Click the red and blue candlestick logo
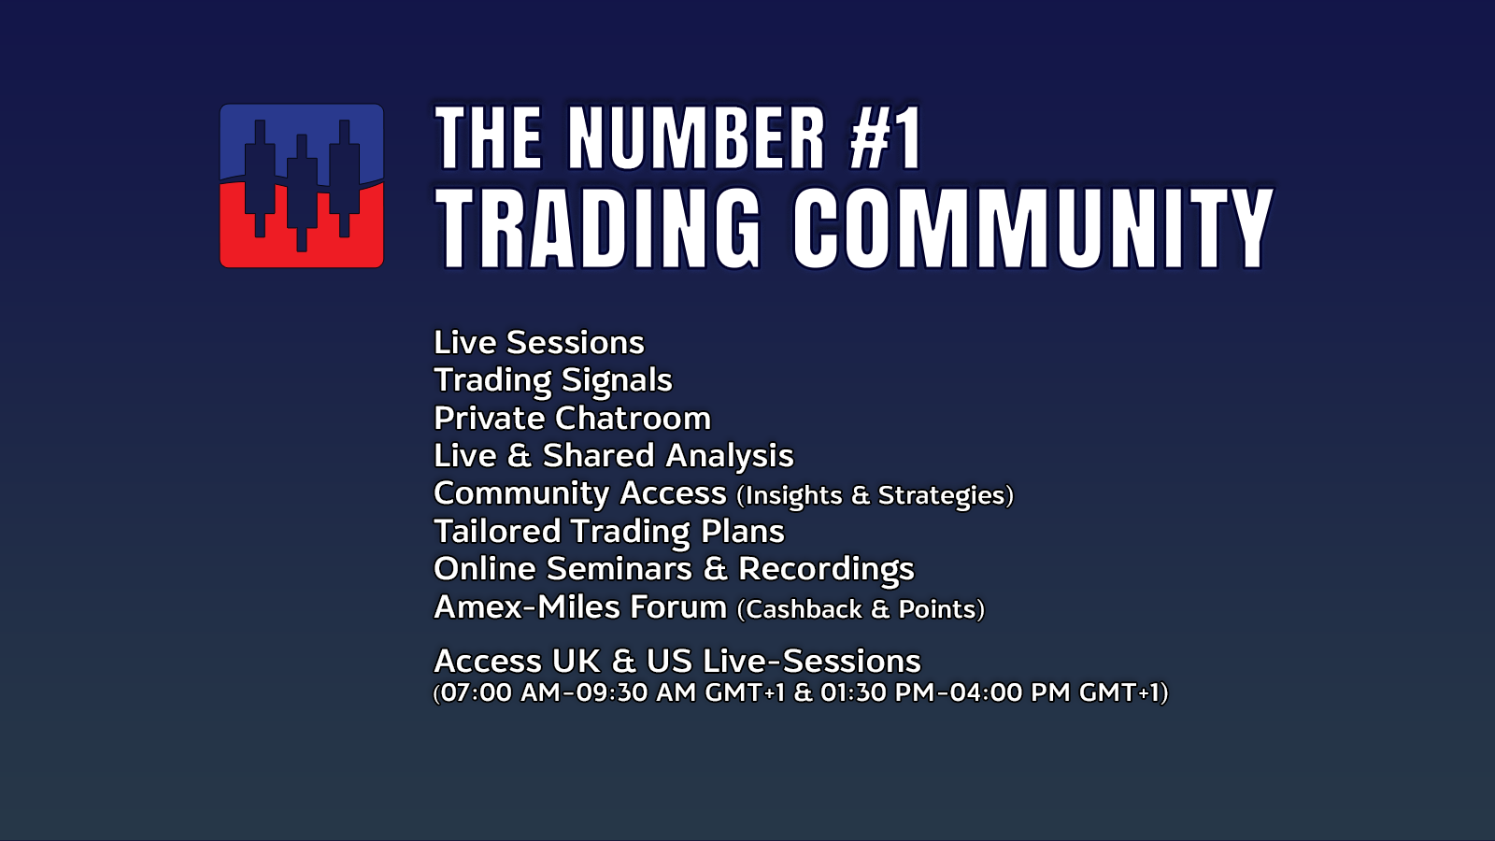[x=302, y=186]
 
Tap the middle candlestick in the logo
[x=302, y=192]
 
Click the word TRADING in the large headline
[x=598, y=228]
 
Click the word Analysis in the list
[x=730, y=457]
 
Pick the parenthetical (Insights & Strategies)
[x=875, y=495]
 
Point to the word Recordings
[x=826, y=570]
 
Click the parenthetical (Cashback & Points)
[x=861, y=609]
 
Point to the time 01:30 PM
[x=877, y=692]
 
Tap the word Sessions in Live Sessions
[x=576, y=342]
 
